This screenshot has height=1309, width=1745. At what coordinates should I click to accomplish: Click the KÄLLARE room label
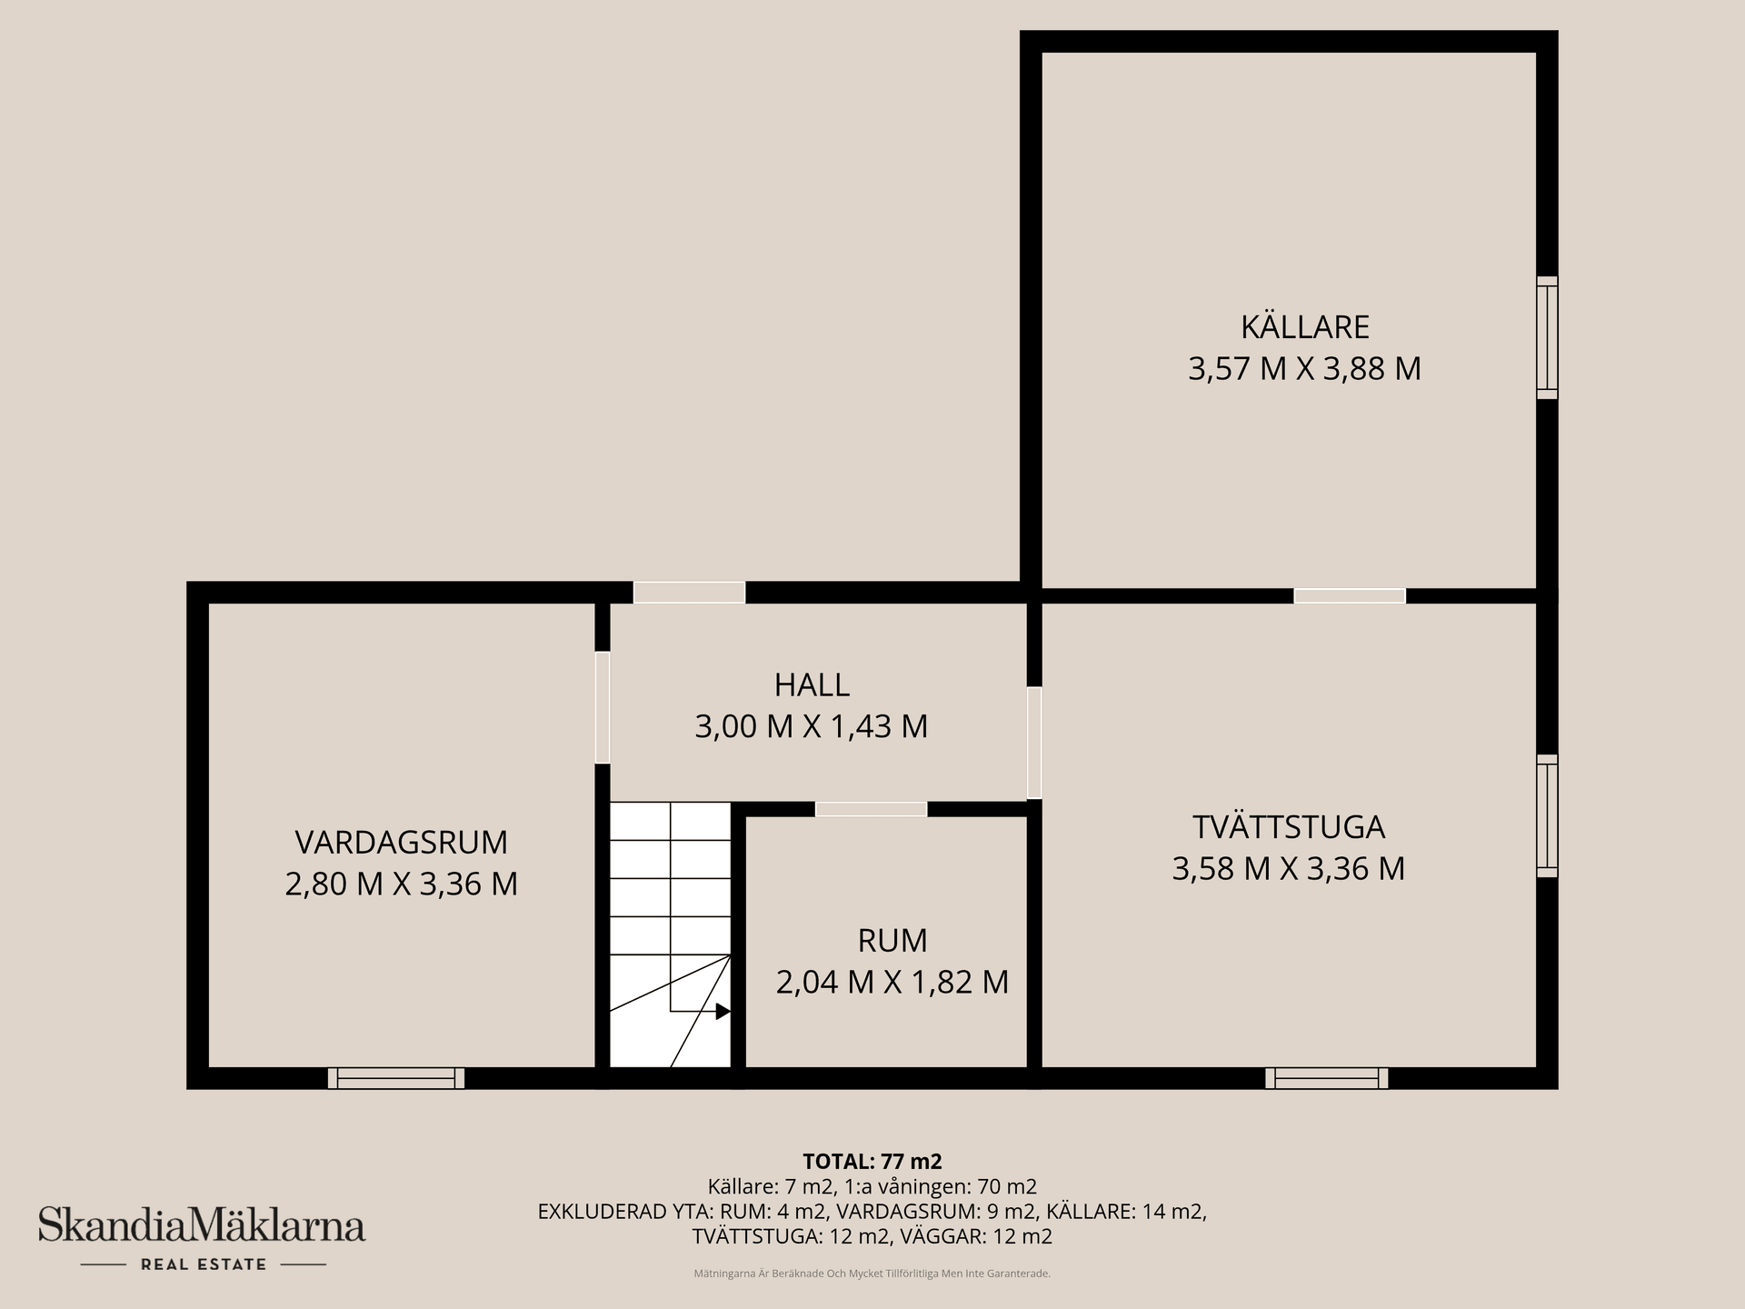(x=1305, y=326)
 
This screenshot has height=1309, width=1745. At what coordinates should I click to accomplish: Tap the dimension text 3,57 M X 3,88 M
(x=1304, y=369)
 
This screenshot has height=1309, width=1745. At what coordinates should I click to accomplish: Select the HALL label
(x=812, y=684)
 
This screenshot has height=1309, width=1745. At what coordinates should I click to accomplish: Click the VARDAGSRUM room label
(x=401, y=843)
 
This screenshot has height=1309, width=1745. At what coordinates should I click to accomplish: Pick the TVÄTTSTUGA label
(x=1288, y=827)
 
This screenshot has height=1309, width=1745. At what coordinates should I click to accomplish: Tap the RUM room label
(x=892, y=941)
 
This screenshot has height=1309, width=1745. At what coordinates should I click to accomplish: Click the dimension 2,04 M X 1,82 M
(x=892, y=983)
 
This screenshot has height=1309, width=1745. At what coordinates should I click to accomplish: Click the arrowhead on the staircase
(x=723, y=1011)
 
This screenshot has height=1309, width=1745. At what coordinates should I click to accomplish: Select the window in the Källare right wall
(x=1547, y=337)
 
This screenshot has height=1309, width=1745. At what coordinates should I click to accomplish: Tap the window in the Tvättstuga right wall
(x=1547, y=815)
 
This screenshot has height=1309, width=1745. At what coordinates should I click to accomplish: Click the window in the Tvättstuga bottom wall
(x=1326, y=1078)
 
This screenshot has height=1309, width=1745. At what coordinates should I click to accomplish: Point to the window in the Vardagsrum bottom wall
(x=396, y=1078)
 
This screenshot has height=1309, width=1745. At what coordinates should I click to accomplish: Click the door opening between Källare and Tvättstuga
(x=1349, y=596)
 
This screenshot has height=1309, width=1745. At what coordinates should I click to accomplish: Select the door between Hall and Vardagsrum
(x=603, y=707)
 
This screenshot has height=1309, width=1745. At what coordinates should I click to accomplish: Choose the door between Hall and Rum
(x=871, y=809)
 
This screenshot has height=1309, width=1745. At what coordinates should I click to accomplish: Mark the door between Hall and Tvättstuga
(x=1034, y=743)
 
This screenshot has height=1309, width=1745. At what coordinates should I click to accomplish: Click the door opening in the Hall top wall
(x=689, y=593)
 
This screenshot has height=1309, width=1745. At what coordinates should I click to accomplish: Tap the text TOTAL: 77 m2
(x=872, y=1161)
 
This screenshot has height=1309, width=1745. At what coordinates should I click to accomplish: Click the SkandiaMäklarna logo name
(x=202, y=1224)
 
